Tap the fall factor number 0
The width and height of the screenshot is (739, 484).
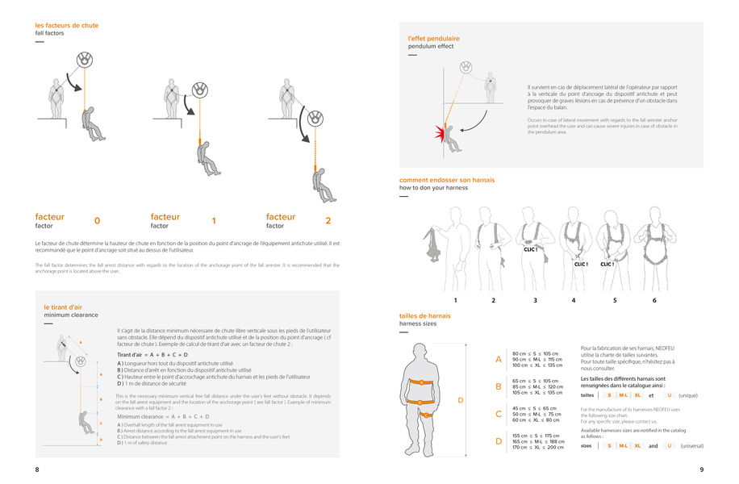(x=98, y=220)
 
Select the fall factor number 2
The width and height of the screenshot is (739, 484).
(x=328, y=220)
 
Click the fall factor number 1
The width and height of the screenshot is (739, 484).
(x=214, y=220)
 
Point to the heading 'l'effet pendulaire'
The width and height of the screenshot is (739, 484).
(x=434, y=38)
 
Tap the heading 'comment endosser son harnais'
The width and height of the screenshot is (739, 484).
(x=447, y=180)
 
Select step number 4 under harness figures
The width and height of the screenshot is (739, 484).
(x=574, y=300)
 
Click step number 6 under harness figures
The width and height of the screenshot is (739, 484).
(x=654, y=300)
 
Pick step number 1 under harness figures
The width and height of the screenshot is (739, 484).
(x=455, y=300)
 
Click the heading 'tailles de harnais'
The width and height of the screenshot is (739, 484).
(x=425, y=315)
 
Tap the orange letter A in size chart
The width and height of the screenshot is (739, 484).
(x=499, y=359)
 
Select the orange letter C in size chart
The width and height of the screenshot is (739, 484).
(x=499, y=414)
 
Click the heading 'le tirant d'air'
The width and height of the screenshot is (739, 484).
(x=63, y=307)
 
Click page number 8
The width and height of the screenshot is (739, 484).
(x=37, y=469)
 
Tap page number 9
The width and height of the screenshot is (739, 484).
(x=701, y=469)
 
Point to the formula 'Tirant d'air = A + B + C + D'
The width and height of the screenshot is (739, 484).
(x=152, y=354)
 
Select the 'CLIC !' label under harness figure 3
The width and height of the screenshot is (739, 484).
(x=530, y=249)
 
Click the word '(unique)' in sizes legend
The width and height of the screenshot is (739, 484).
(x=688, y=395)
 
